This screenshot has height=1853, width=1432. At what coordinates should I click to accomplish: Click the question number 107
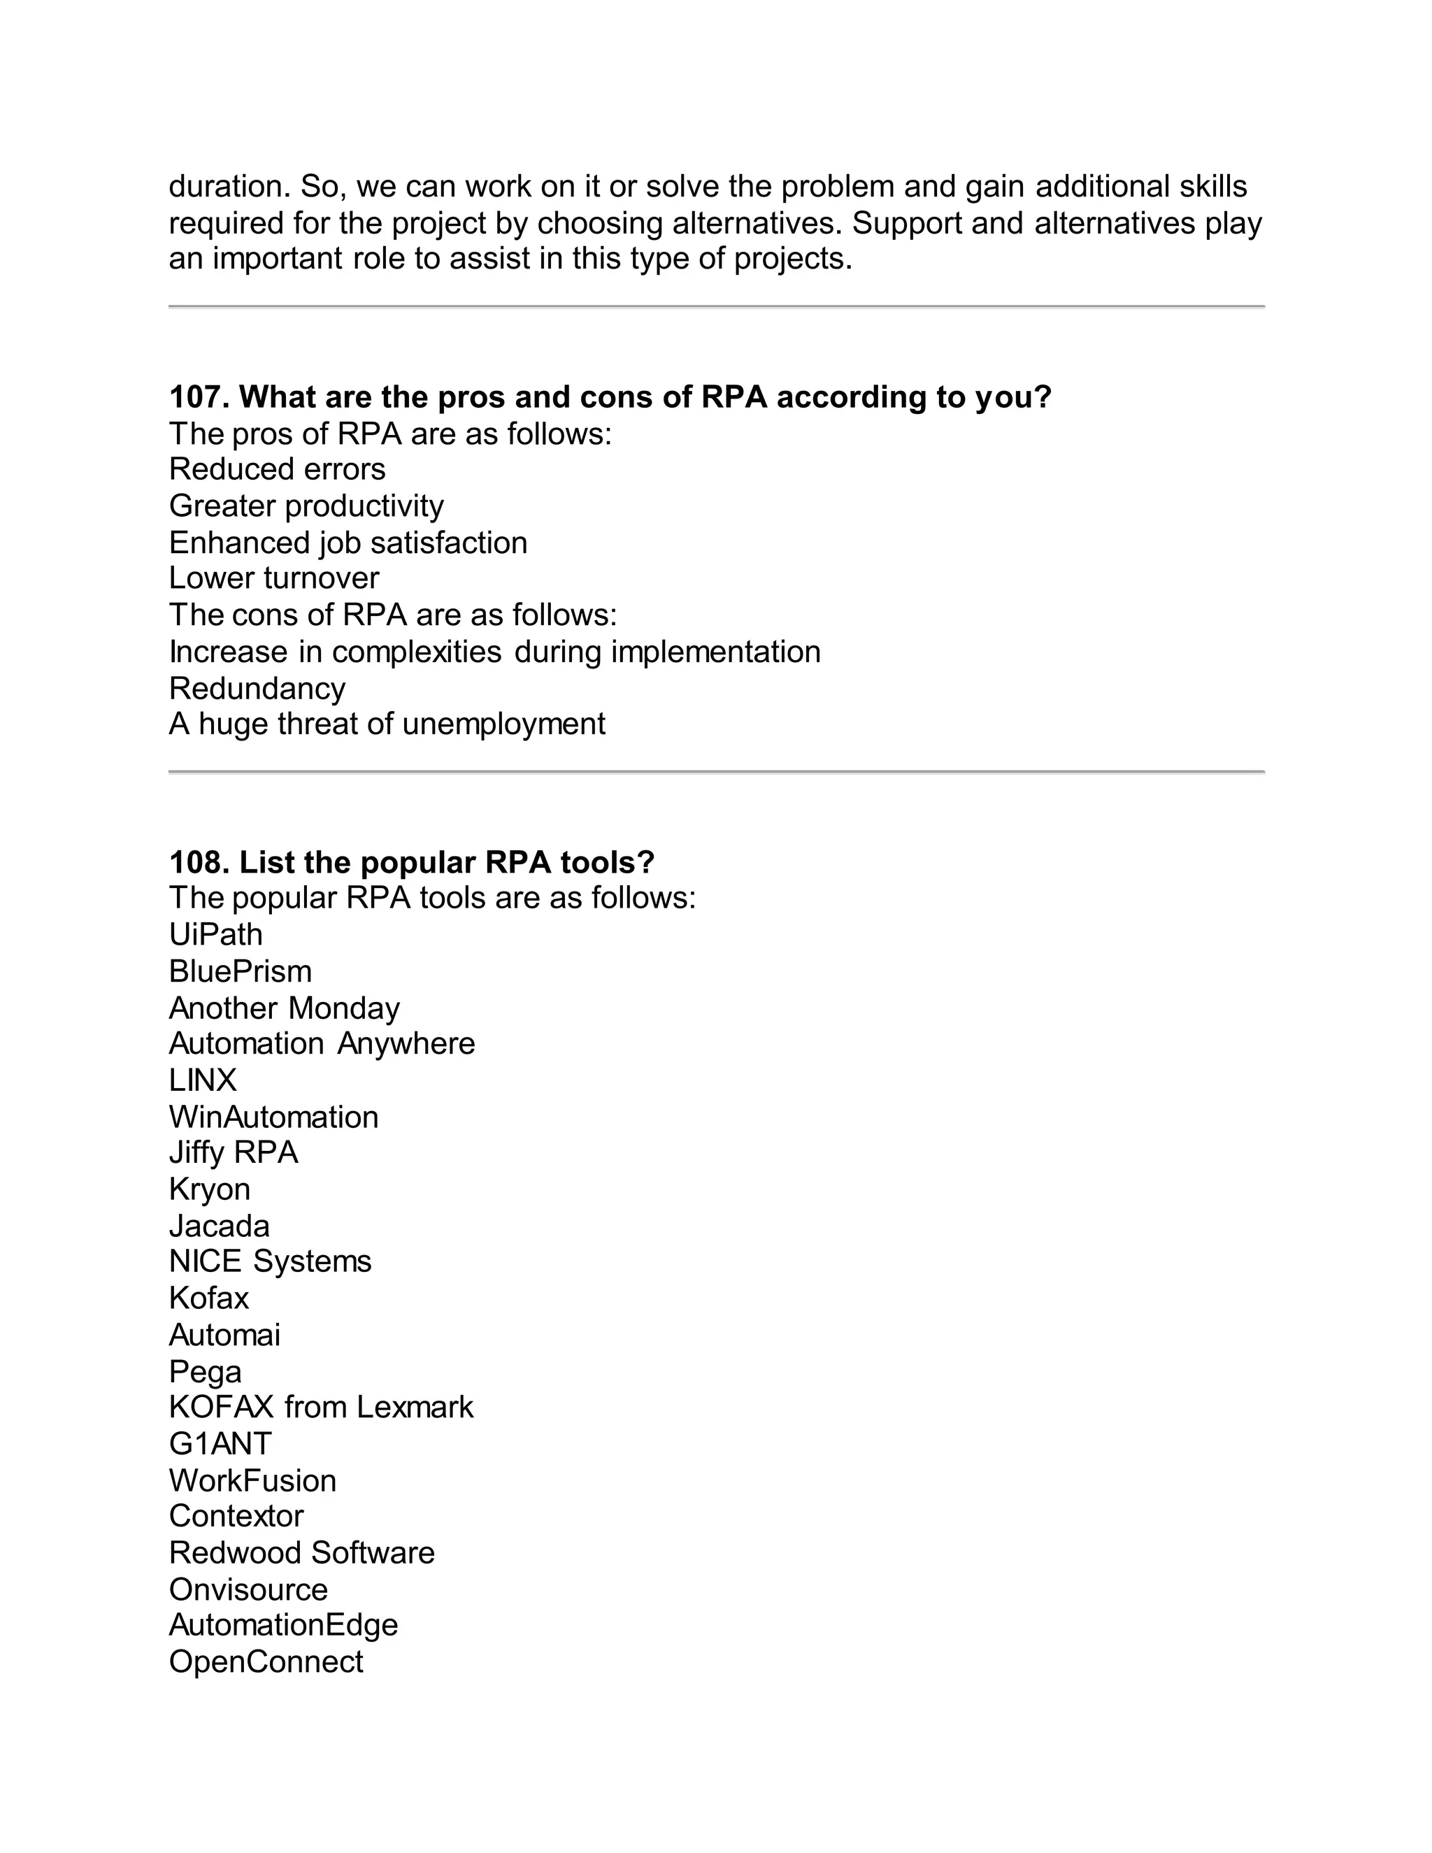point(199,397)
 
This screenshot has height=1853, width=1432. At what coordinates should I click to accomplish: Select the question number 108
point(199,862)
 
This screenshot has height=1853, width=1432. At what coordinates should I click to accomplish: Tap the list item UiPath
point(215,935)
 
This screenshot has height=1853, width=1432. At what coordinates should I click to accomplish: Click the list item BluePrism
point(240,971)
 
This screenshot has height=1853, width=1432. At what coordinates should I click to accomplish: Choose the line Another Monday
point(284,1008)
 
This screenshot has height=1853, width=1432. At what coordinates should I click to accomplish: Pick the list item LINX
point(203,1080)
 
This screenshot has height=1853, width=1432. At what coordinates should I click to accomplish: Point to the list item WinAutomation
point(273,1117)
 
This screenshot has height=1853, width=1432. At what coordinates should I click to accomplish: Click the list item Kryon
point(210,1189)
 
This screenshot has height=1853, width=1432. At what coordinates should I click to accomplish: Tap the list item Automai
point(224,1336)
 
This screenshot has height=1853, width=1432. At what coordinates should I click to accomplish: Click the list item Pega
point(206,1372)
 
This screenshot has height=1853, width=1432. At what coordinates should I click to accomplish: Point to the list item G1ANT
point(220,1443)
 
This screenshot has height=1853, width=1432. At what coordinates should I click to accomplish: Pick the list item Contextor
point(236,1516)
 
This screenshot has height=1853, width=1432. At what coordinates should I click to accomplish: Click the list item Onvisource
point(248,1589)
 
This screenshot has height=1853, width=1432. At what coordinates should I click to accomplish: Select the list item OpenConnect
point(266,1662)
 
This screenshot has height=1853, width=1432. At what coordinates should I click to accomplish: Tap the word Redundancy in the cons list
point(257,688)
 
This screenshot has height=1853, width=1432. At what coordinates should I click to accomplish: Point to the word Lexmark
point(414,1408)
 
